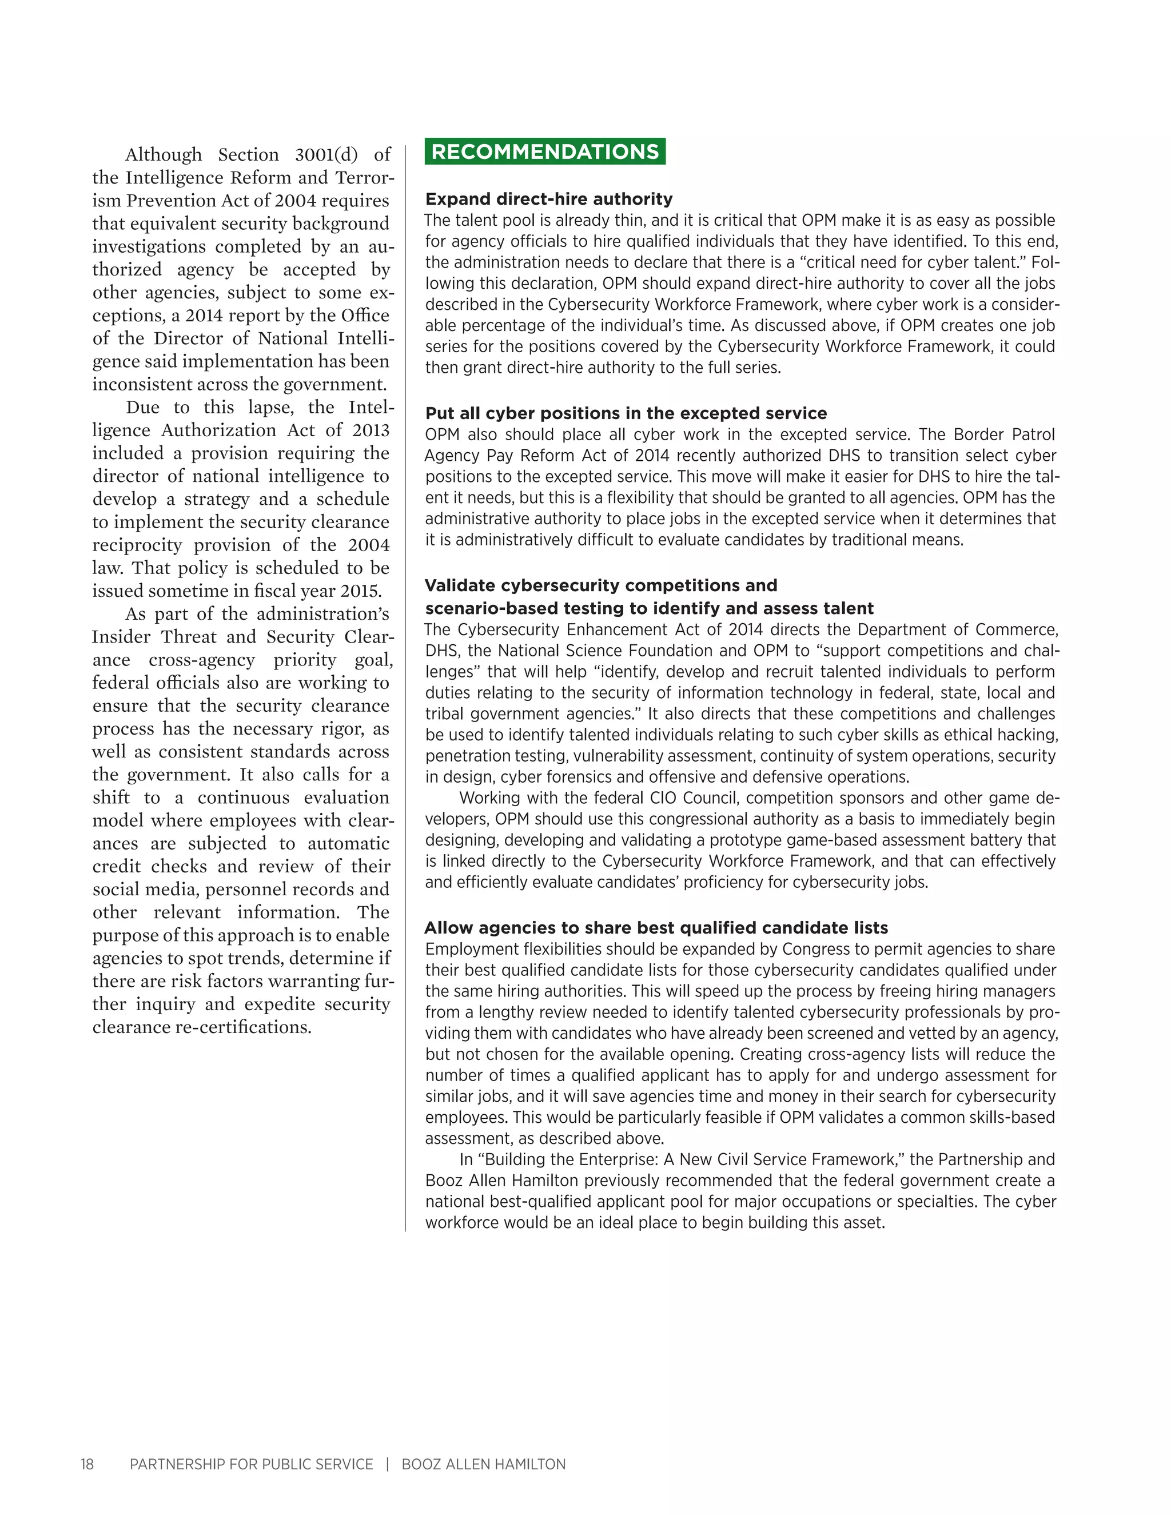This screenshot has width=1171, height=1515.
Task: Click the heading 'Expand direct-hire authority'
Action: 549,199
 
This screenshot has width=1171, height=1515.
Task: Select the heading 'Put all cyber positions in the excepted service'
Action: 626,413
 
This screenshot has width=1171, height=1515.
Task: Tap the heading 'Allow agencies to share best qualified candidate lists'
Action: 656,928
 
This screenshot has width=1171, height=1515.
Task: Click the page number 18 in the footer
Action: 87,1464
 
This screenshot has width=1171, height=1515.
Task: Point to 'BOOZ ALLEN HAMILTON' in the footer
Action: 484,1464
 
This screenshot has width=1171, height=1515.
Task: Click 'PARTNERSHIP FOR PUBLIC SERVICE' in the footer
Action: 251,1464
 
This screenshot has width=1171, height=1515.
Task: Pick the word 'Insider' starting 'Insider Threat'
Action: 121,637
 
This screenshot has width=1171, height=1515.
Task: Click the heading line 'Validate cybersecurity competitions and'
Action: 601,585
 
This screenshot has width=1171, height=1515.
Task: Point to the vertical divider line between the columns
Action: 406,693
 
